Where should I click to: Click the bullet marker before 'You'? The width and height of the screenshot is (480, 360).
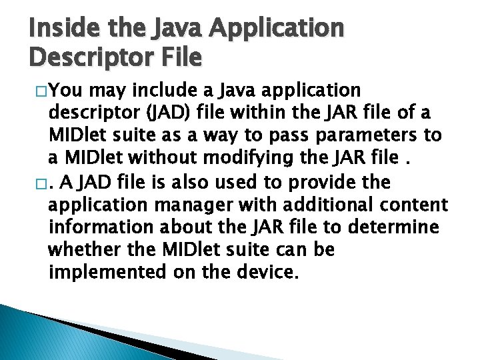click(x=37, y=91)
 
